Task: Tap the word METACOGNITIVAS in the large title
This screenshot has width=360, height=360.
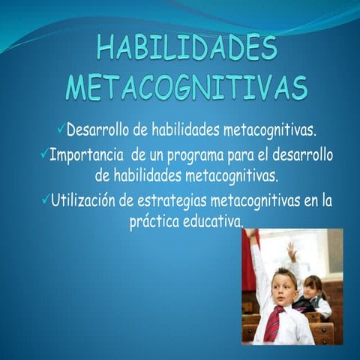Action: pyautogui.click(x=187, y=88)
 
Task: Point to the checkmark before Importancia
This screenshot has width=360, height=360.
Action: pyautogui.click(x=43, y=154)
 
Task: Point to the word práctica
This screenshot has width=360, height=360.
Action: pyautogui.click(x=154, y=223)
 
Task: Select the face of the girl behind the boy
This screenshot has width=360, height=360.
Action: pyautogui.click(x=312, y=287)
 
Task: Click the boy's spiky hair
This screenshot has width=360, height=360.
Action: pyautogui.click(x=283, y=273)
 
